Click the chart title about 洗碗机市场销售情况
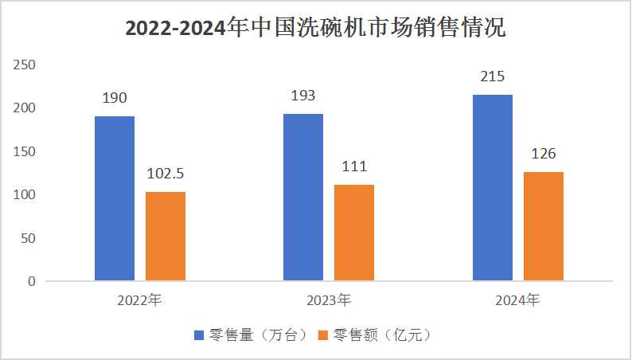[316, 29]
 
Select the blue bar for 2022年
[115, 198]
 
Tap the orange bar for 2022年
[166, 237]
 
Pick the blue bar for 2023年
[303, 198]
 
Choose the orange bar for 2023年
[354, 233]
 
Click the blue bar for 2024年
[493, 188]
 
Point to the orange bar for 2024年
[544, 226]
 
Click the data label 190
[115, 98]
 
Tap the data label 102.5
[166, 174]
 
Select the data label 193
[303, 96]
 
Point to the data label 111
[354, 166]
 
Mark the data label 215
[493, 77]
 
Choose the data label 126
[544, 154]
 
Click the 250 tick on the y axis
[25, 65]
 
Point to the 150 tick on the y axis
[25, 151]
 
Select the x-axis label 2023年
[329, 301]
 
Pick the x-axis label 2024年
[518, 301]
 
